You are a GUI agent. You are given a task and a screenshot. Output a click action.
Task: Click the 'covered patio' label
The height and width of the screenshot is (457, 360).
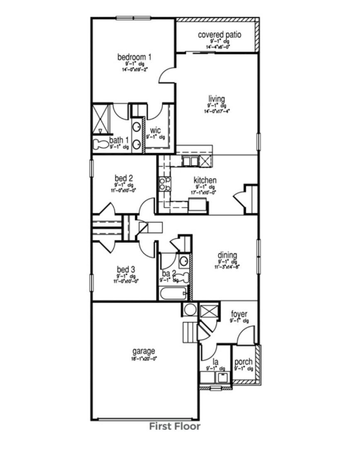219,34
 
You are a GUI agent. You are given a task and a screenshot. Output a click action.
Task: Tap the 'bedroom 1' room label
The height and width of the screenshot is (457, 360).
134,57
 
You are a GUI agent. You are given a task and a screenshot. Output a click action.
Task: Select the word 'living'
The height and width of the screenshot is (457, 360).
216,99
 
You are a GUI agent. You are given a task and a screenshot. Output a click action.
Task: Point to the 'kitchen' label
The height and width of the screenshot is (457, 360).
205,180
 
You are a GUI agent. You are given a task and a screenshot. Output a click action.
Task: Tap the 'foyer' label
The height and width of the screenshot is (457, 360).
239,314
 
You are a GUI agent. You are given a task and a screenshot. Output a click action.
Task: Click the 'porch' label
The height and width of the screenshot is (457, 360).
243,362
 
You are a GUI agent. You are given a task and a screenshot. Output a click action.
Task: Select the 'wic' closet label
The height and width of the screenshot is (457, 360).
155,131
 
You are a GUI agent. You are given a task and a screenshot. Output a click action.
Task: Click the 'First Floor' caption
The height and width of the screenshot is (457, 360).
175,426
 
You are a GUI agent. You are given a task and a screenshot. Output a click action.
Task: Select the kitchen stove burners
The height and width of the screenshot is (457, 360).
164,183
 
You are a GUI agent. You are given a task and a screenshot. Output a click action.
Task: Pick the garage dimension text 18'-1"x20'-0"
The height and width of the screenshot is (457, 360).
144,358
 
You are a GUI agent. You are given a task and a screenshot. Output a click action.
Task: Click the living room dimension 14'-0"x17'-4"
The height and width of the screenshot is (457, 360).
216,111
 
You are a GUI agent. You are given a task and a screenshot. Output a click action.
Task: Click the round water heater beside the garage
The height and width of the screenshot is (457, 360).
190,309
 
